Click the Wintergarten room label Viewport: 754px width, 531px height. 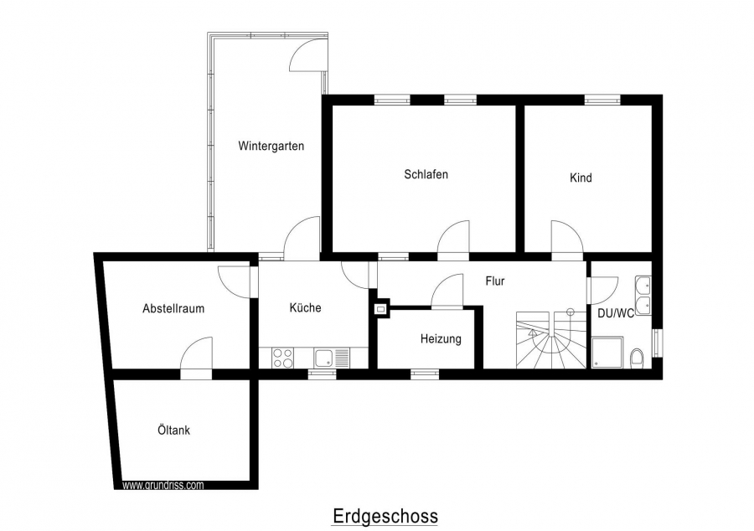click(x=271, y=146)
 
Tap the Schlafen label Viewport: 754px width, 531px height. click(x=426, y=174)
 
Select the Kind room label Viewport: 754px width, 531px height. click(x=581, y=178)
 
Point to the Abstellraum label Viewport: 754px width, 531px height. click(x=173, y=308)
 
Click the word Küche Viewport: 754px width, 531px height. click(x=305, y=307)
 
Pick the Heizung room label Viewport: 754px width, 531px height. click(x=441, y=338)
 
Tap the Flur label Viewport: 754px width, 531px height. click(x=495, y=281)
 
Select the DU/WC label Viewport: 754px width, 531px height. click(x=616, y=313)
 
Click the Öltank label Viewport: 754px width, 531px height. click(x=173, y=430)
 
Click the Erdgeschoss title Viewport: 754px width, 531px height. click(x=385, y=516)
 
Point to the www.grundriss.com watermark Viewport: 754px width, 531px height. click(x=163, y=485)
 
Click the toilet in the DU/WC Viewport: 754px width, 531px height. click(x=637, y=358)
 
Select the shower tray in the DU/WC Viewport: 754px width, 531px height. click(x=607, y=353)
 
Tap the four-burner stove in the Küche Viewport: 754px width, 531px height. click(x=283, y=358)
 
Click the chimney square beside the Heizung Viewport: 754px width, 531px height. click(x=382, y=309)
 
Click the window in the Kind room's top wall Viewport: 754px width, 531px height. click(x=602, y=100)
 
